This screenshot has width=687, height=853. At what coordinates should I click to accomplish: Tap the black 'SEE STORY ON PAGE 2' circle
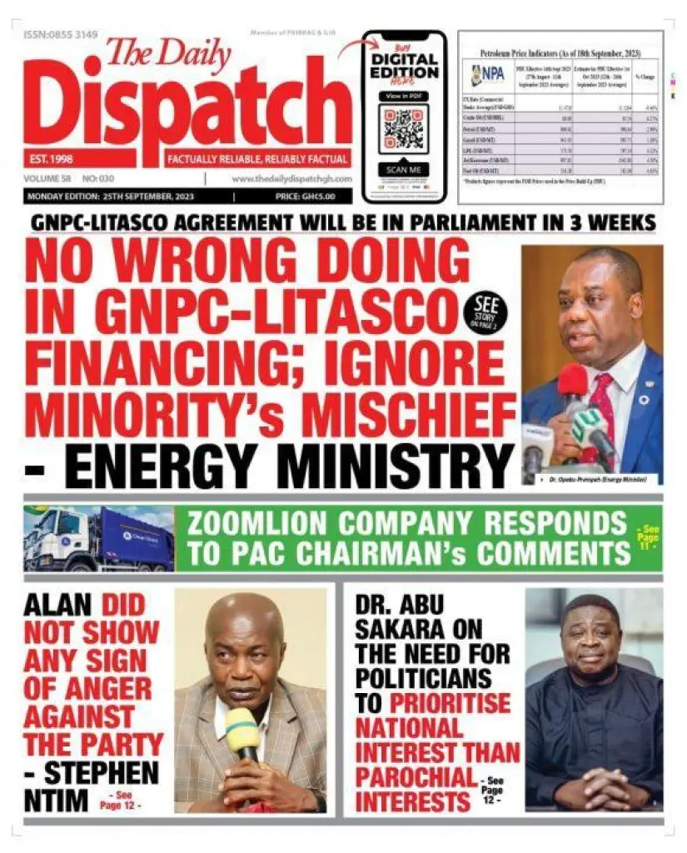[485, 312]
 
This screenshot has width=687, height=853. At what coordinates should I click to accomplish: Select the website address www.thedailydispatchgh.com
[291, 179]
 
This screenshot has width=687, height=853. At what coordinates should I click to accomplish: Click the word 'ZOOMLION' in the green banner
[271, 525]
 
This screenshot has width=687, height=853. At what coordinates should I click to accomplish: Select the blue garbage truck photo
[99, 538]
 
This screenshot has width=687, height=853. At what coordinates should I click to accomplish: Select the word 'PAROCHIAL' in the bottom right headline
[414, 776]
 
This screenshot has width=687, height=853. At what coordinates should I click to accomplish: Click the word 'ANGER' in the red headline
[87, 689]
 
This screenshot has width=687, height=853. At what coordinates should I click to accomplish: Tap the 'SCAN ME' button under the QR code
[404, 170]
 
